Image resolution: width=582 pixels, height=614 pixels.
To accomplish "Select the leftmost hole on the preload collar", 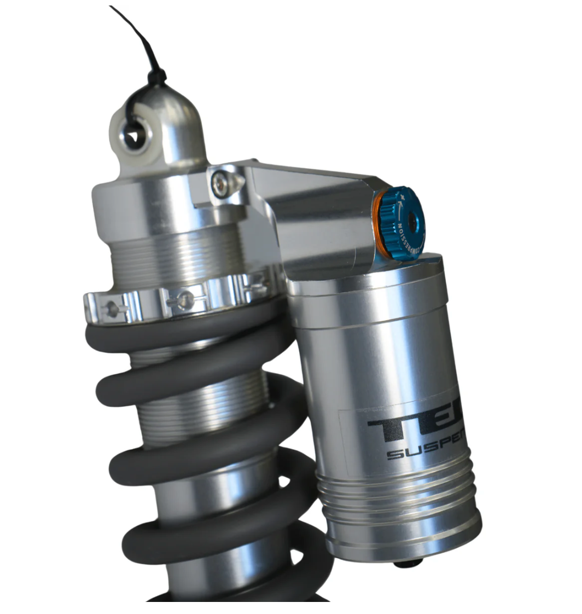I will pyautogui.click(x=113, y=309).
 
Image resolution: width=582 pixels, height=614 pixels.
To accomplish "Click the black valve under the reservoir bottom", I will pyautogui.click(x=408, y=563).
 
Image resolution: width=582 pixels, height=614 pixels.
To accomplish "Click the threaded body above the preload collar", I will pyautogui.click(x=175, y=257).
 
